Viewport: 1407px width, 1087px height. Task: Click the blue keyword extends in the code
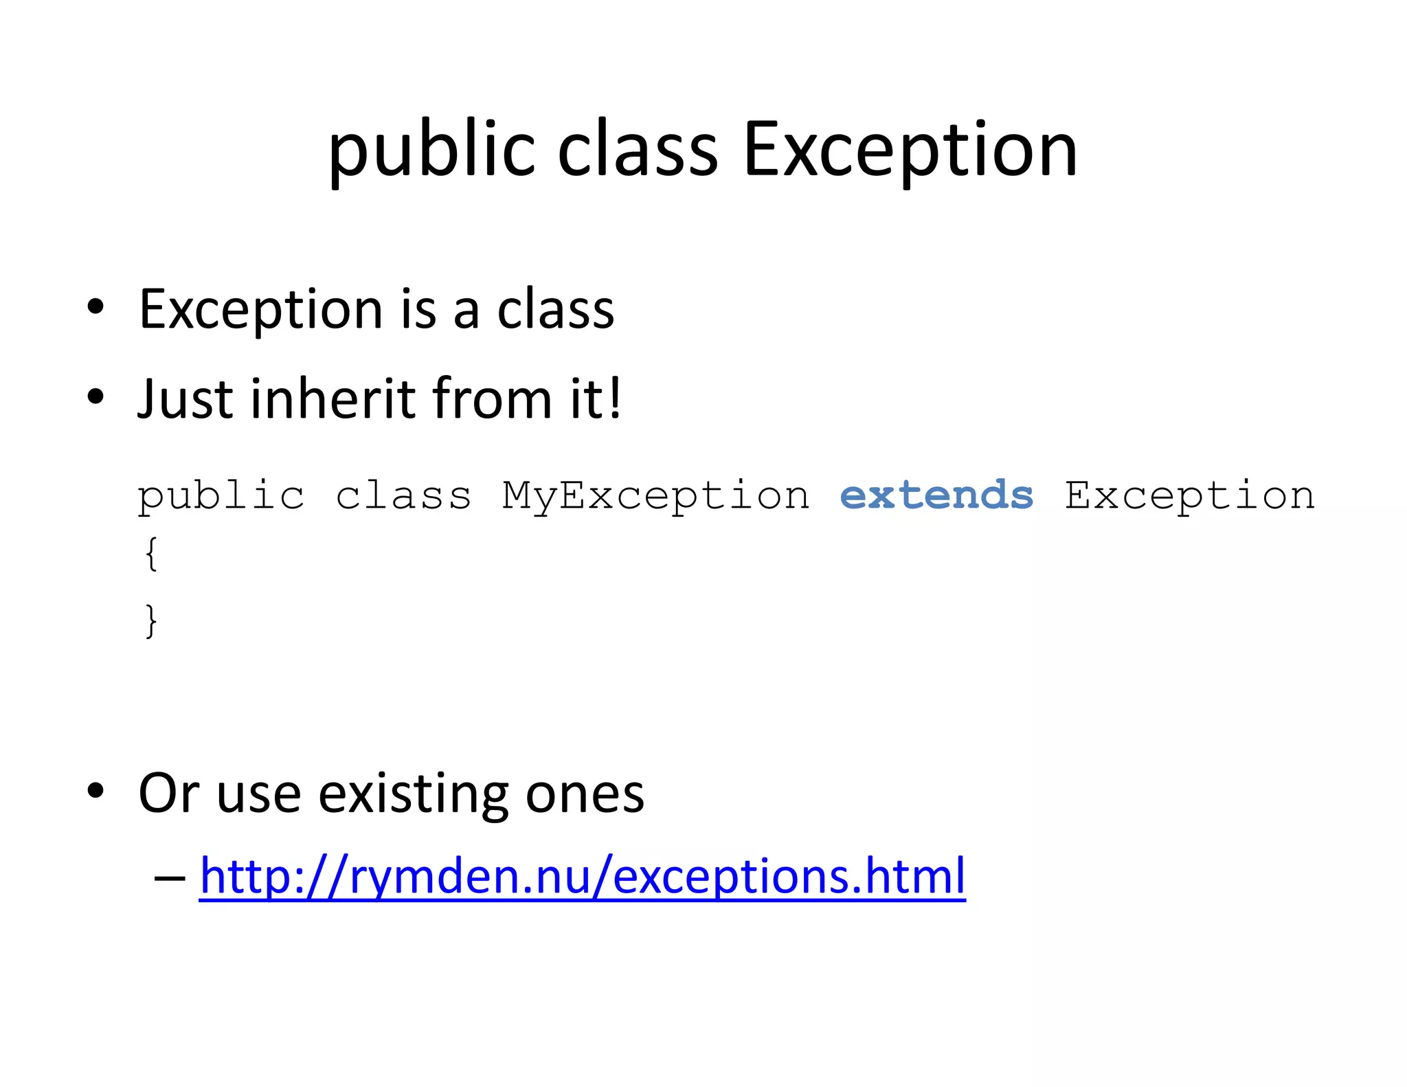click(936, 495)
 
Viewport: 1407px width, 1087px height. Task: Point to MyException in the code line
click(656, 497)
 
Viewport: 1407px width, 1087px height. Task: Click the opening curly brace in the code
click(151, 553)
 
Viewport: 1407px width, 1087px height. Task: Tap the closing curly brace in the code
click(151, 620)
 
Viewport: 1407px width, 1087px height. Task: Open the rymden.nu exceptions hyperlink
click(582, 876)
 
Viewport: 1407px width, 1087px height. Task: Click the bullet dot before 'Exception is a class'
click(95, 307)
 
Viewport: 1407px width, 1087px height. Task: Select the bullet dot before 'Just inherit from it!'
click(95, 396)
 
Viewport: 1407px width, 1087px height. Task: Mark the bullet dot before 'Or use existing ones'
click(95, 791)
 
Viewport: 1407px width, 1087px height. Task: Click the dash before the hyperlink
click(170, 877)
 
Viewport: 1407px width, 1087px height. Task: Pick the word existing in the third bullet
click(413, 794)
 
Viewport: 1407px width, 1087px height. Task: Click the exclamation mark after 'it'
click(615, 398)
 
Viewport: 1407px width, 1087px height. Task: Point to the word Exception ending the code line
click(1190, 497)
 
